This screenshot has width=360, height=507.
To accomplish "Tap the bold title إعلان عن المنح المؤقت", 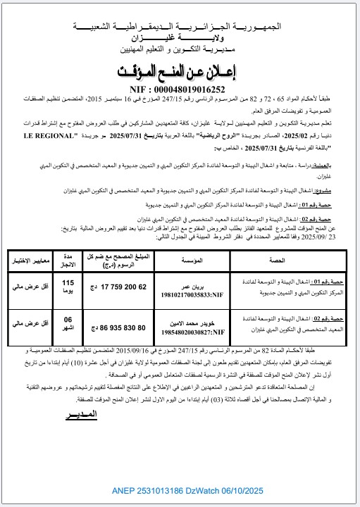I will coord(180,73).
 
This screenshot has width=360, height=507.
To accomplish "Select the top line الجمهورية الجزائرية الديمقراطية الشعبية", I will coord(179,26).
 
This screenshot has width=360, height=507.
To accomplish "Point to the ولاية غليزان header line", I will coord(179,38).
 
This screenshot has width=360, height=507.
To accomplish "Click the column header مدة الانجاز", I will coord(68,260).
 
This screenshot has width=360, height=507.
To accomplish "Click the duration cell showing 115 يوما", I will coord(68,287).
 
